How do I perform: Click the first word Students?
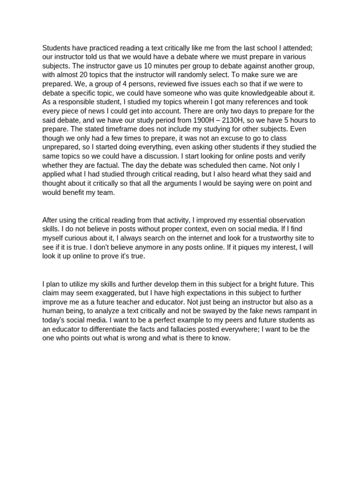(x=57, y=48)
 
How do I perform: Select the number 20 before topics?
(x=80, y=75)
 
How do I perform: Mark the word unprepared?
(x=61, y=147)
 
